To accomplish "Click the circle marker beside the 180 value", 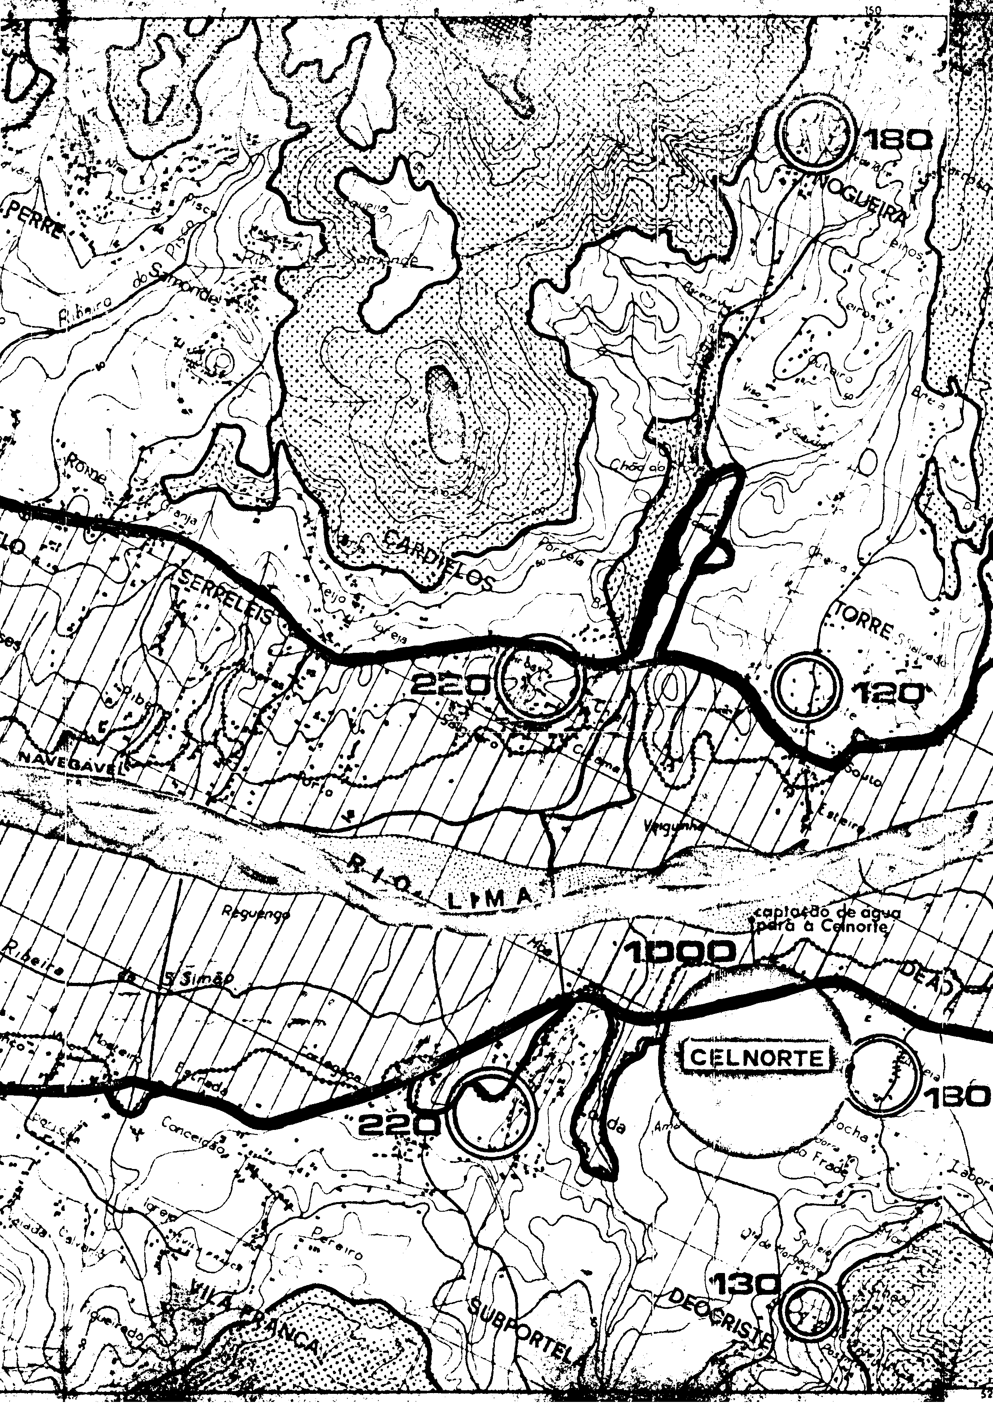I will tap(815, 132).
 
